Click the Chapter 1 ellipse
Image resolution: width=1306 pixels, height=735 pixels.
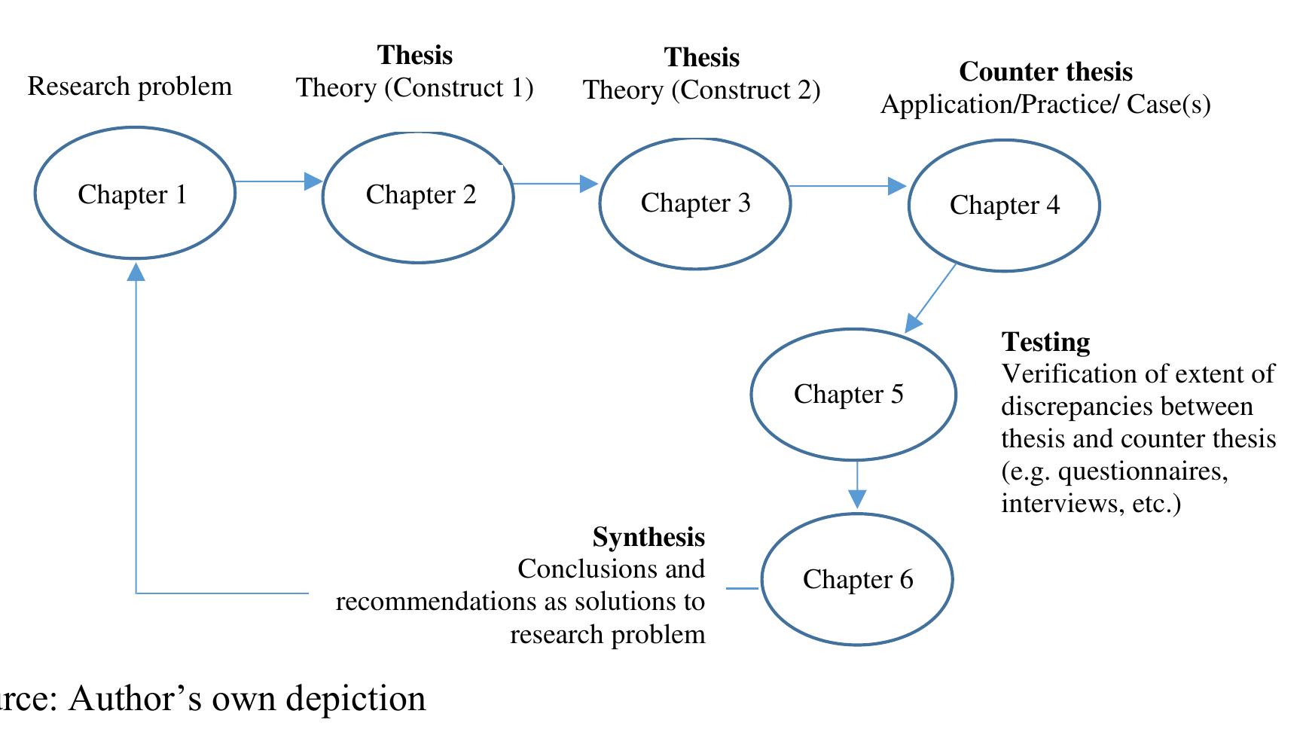[x=135, y=194]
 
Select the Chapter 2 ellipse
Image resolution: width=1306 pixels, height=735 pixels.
[x=419, y=197]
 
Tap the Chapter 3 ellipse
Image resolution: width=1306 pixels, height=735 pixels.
[x=694, y=203]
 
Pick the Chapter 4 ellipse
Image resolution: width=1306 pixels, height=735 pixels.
[x=1003, y=206]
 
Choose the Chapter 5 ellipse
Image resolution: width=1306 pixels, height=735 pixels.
[x=853, y=395]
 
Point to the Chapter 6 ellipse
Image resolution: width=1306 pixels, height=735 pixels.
[x=856, y=579]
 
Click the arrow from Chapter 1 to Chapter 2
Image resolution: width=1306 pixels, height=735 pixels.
[x=277, y=181]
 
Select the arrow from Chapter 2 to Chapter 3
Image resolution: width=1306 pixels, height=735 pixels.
[x=554, y=184]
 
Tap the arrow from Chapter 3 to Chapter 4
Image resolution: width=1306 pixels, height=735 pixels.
[x=847, y=186]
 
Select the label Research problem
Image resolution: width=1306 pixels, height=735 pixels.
[x=130, y=87]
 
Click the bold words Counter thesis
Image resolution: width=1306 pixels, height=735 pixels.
[x=1045, y=72]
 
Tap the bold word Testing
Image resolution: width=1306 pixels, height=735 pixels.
[x=1045, y=342]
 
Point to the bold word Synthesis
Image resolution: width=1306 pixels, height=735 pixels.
[x=648, y=537]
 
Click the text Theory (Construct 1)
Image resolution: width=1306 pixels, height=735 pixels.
[x=414, y=88]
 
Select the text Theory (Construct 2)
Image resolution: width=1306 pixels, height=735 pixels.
[x=701, y=90]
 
